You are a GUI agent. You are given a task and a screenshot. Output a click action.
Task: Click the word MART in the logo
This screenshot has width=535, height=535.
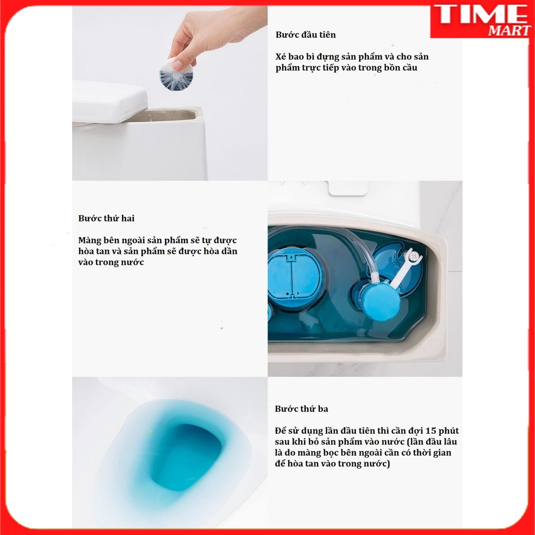coord(509,30)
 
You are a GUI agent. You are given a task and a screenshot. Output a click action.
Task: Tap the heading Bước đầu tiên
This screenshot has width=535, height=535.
coord(306,35)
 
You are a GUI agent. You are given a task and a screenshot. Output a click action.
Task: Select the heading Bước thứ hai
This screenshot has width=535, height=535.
coord(107,218)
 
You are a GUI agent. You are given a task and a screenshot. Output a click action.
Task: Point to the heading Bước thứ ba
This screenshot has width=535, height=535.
coord(301,409)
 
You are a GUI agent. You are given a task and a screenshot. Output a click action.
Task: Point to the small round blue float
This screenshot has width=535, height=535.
coord(380,301)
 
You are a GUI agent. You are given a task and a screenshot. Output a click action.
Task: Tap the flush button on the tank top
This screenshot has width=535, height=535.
coord(348,188)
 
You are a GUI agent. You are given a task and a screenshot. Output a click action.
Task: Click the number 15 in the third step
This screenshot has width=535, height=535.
coord(417,431)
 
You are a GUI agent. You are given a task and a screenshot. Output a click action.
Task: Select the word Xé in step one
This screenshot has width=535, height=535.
coord(281,56)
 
